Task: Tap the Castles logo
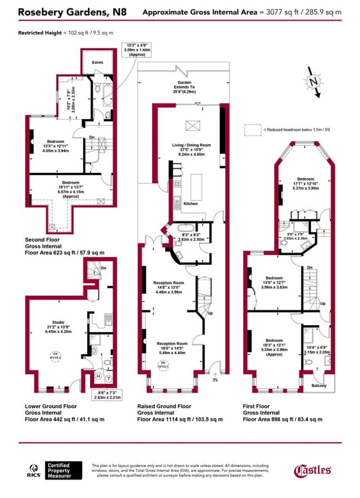[x=312, y=470]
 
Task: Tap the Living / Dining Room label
[x=191, y=149]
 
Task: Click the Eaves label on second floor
[x=97, y=62]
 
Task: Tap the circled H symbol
[x=98, y=376]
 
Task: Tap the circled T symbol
[x=109, y=379]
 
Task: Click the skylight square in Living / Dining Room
[x=192, y=125]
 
